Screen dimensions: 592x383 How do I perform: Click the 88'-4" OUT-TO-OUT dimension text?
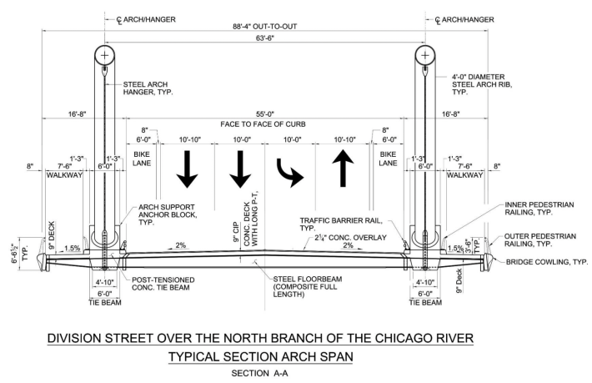click(264, 27)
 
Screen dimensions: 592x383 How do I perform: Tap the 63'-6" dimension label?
click(264, 38)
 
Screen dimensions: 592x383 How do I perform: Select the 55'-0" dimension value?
click(264, 114)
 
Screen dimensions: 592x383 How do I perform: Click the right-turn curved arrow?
click(288, 173)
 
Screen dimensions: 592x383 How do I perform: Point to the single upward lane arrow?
click(343, 168)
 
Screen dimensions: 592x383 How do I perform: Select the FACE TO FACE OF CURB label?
click(263, 124)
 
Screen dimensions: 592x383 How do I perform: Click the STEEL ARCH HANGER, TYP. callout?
click(148, 88)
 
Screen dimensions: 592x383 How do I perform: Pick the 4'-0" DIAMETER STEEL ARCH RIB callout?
click(482, 84)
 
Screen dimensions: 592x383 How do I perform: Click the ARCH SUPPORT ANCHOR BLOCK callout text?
click(168, 214)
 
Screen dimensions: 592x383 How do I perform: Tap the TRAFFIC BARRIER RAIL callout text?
click(341, 224)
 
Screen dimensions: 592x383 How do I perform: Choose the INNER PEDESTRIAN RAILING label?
click(539, 208)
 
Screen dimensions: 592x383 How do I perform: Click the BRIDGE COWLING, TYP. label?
click(547, 262)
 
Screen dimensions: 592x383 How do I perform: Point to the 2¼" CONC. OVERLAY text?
click(350, 238)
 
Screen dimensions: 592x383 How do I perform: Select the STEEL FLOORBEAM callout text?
click(308, 286)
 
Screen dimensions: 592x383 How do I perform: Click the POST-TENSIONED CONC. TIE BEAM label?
click(163, 284)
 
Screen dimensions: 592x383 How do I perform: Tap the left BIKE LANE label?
click(142, 159)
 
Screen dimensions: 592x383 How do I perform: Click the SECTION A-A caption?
click(260, 374)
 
